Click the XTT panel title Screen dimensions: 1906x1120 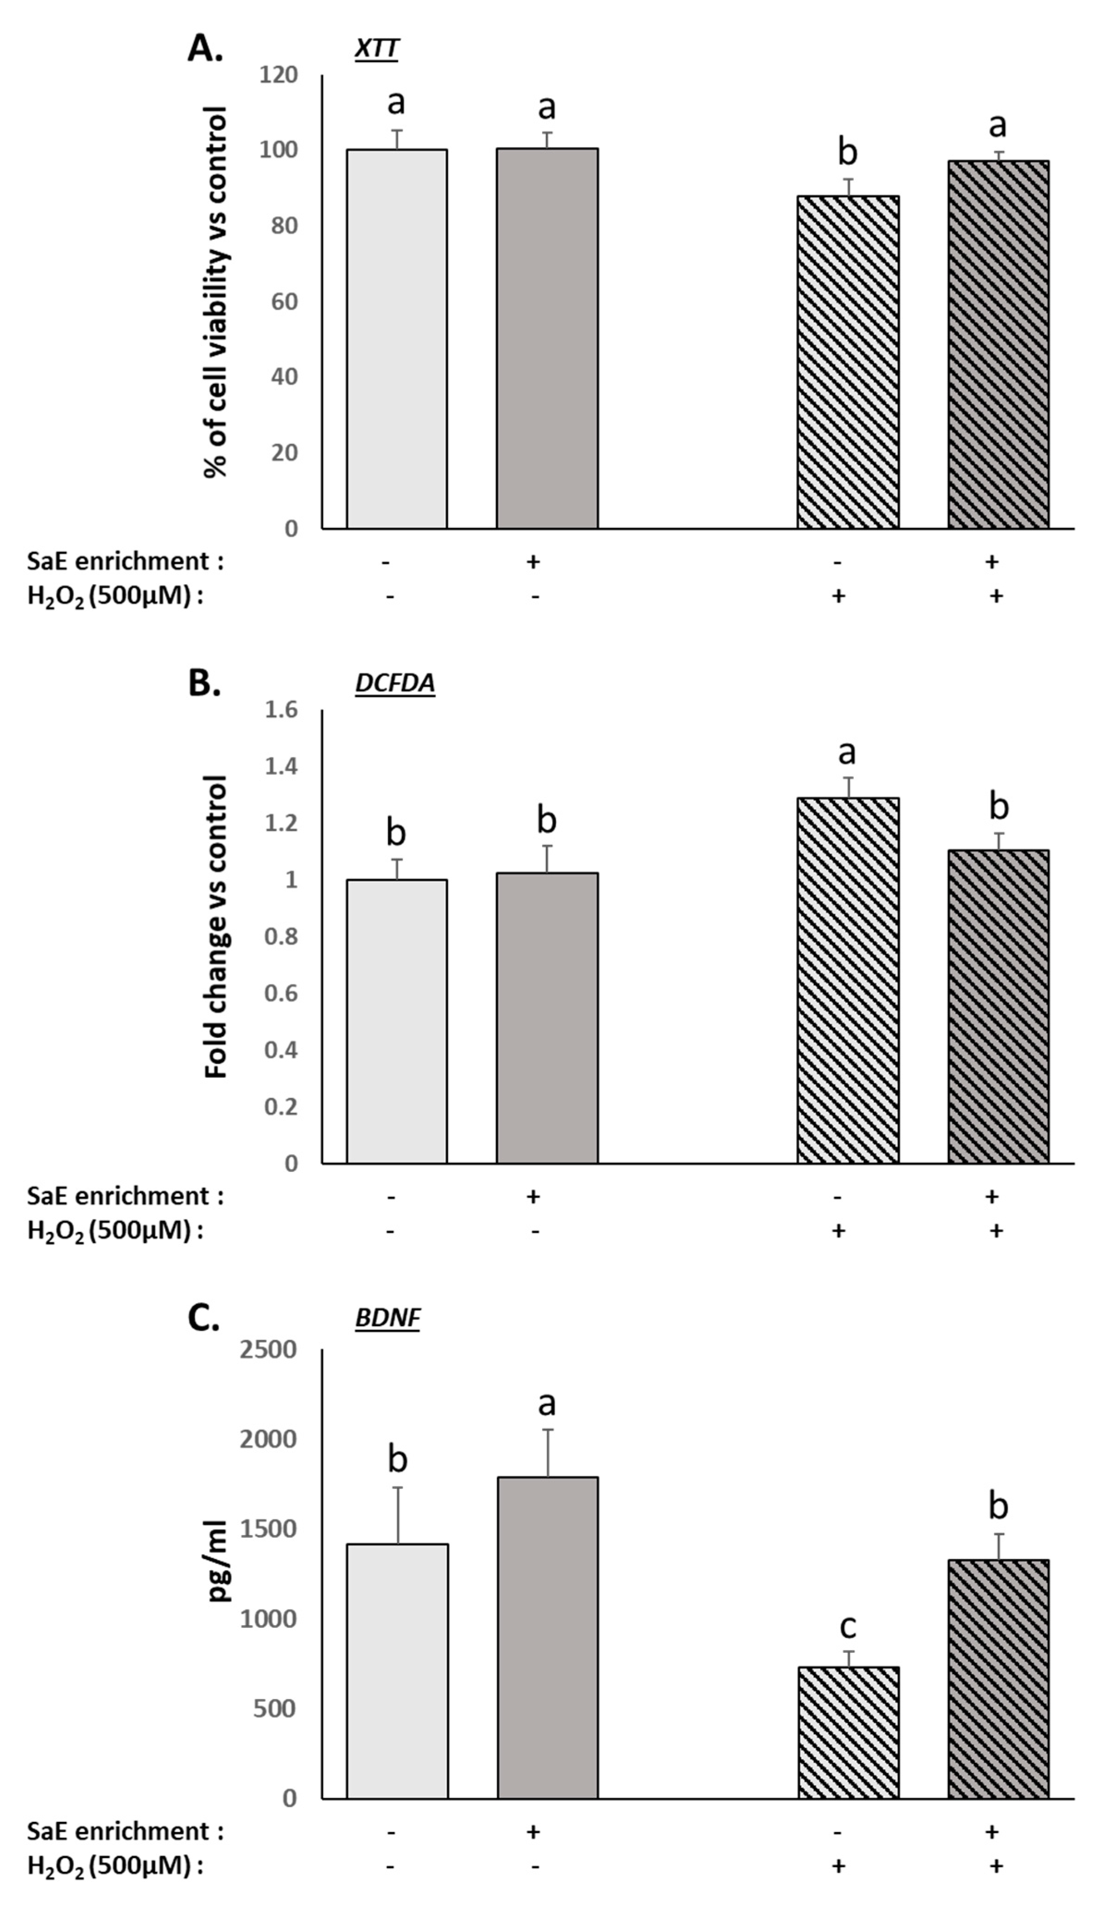click(376, 49)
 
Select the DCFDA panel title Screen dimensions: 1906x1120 click(395, 683)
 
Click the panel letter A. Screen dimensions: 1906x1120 click(205, 49)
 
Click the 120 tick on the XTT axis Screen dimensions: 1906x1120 click(278, 75)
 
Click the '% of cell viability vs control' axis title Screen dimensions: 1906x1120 click(216, 293)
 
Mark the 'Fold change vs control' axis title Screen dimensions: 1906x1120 click(216, 927)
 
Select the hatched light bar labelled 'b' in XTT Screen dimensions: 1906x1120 click(848, 362)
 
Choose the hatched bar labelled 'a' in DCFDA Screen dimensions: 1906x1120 click(848, 980)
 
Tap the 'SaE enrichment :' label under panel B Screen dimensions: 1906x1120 click(126, 1196)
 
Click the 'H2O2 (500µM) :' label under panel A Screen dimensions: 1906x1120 click(115, 596)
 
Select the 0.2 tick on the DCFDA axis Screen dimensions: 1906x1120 click(281, 1106)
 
